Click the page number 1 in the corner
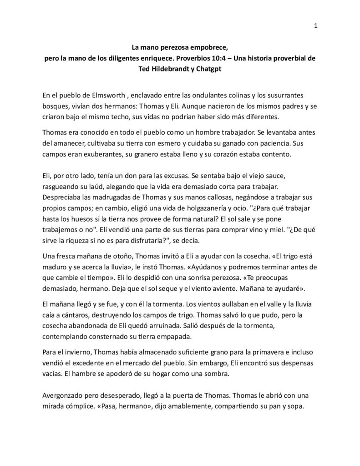(315, 25)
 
